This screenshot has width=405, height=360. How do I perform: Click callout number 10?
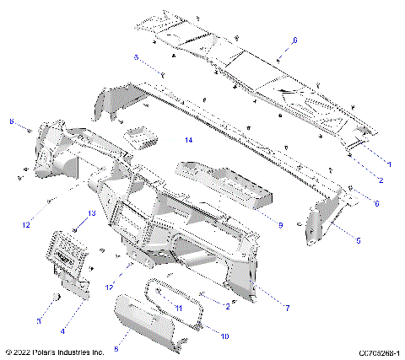224,336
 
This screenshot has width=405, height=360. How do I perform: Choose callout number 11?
178,309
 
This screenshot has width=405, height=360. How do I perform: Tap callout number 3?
39,320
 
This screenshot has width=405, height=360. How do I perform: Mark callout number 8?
11,123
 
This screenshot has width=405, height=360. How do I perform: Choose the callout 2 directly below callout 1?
381,180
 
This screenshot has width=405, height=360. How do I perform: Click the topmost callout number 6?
294,40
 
